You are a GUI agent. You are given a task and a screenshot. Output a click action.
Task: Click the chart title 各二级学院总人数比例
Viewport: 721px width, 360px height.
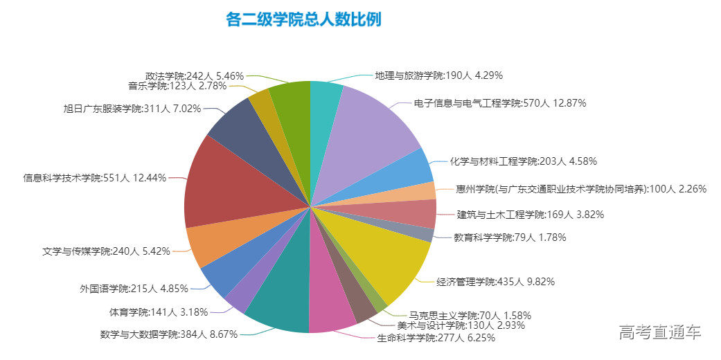303,19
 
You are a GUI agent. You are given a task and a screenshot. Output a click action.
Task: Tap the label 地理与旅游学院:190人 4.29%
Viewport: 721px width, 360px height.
438,75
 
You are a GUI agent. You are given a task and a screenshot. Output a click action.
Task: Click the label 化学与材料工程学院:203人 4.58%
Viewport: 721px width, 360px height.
523,161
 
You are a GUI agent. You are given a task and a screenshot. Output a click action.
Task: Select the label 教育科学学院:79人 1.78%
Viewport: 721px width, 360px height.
510,237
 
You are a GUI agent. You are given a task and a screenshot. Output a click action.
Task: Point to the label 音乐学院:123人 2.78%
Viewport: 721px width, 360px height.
177,86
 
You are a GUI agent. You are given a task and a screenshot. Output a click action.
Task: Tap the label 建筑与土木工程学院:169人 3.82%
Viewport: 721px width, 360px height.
530,215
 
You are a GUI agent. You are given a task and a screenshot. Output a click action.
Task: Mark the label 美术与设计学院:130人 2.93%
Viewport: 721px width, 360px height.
460,325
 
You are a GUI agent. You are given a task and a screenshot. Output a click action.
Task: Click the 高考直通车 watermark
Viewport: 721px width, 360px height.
660,332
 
